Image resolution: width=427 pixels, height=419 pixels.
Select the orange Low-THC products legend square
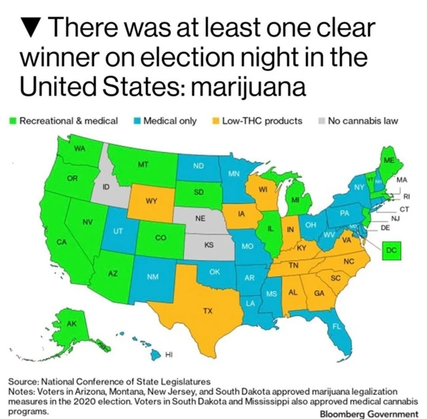click(215, 121)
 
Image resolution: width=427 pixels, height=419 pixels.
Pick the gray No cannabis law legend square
click(322, 121)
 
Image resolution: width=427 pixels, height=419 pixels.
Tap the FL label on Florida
click(337, 326)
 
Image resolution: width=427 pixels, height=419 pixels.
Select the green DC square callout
click(392, 250)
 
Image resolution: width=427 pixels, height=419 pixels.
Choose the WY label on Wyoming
click(151, 200)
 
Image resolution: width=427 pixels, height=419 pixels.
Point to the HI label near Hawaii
click(169, 354)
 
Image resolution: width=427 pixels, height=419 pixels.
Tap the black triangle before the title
click(29, 29)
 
